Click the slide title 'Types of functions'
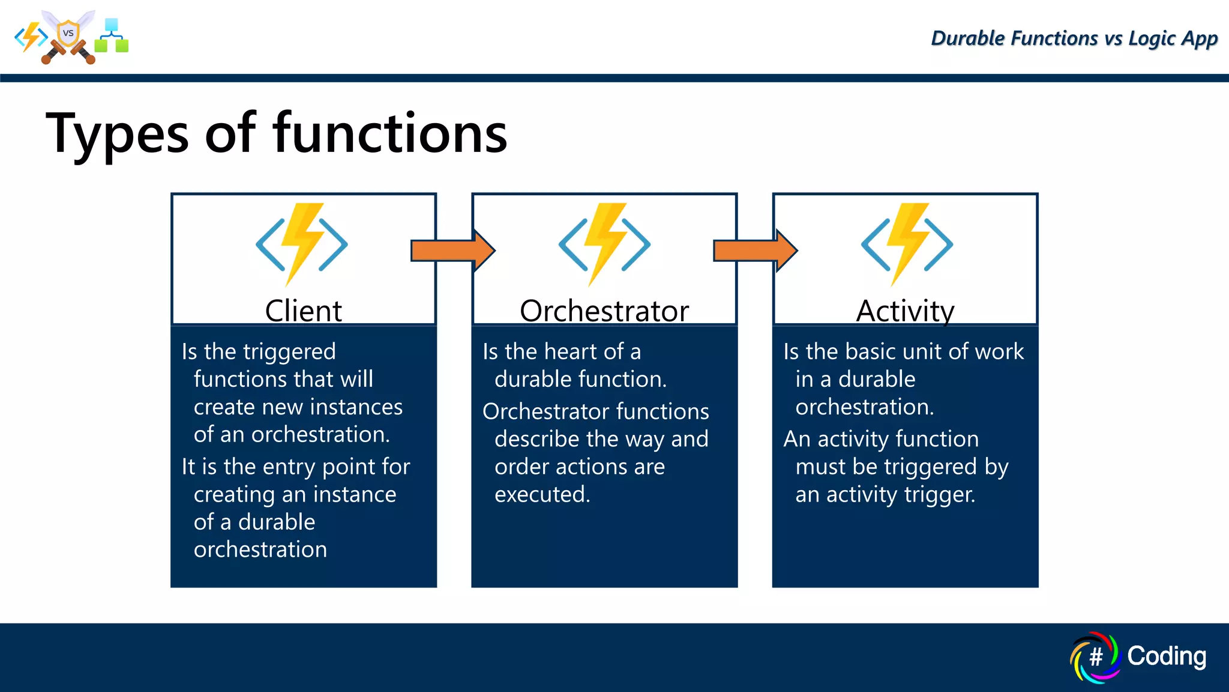click(276, 133)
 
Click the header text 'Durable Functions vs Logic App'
click(1074, 38)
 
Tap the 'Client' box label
click(303, 311)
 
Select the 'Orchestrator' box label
click(604, 311)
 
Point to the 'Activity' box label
click(904, 311)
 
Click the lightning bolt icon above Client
click(302, 244)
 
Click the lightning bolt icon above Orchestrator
click(604, 244)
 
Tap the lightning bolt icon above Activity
click(907, 244)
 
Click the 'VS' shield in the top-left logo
click(68, 34)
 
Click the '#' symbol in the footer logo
click(1096, 657)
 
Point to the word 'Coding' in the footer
click(1166, 656)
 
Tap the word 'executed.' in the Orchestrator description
click(542, 494)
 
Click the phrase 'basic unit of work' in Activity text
click(945, 351)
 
